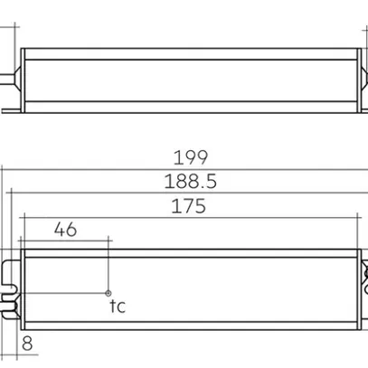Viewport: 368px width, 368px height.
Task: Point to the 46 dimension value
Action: pos(65,230)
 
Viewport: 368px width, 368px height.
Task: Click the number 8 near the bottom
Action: pos(26,344)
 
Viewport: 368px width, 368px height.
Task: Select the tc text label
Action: pos(117,307)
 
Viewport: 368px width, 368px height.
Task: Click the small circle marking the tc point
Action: pos(109,293)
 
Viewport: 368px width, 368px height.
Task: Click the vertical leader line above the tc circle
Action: pos(109,267)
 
